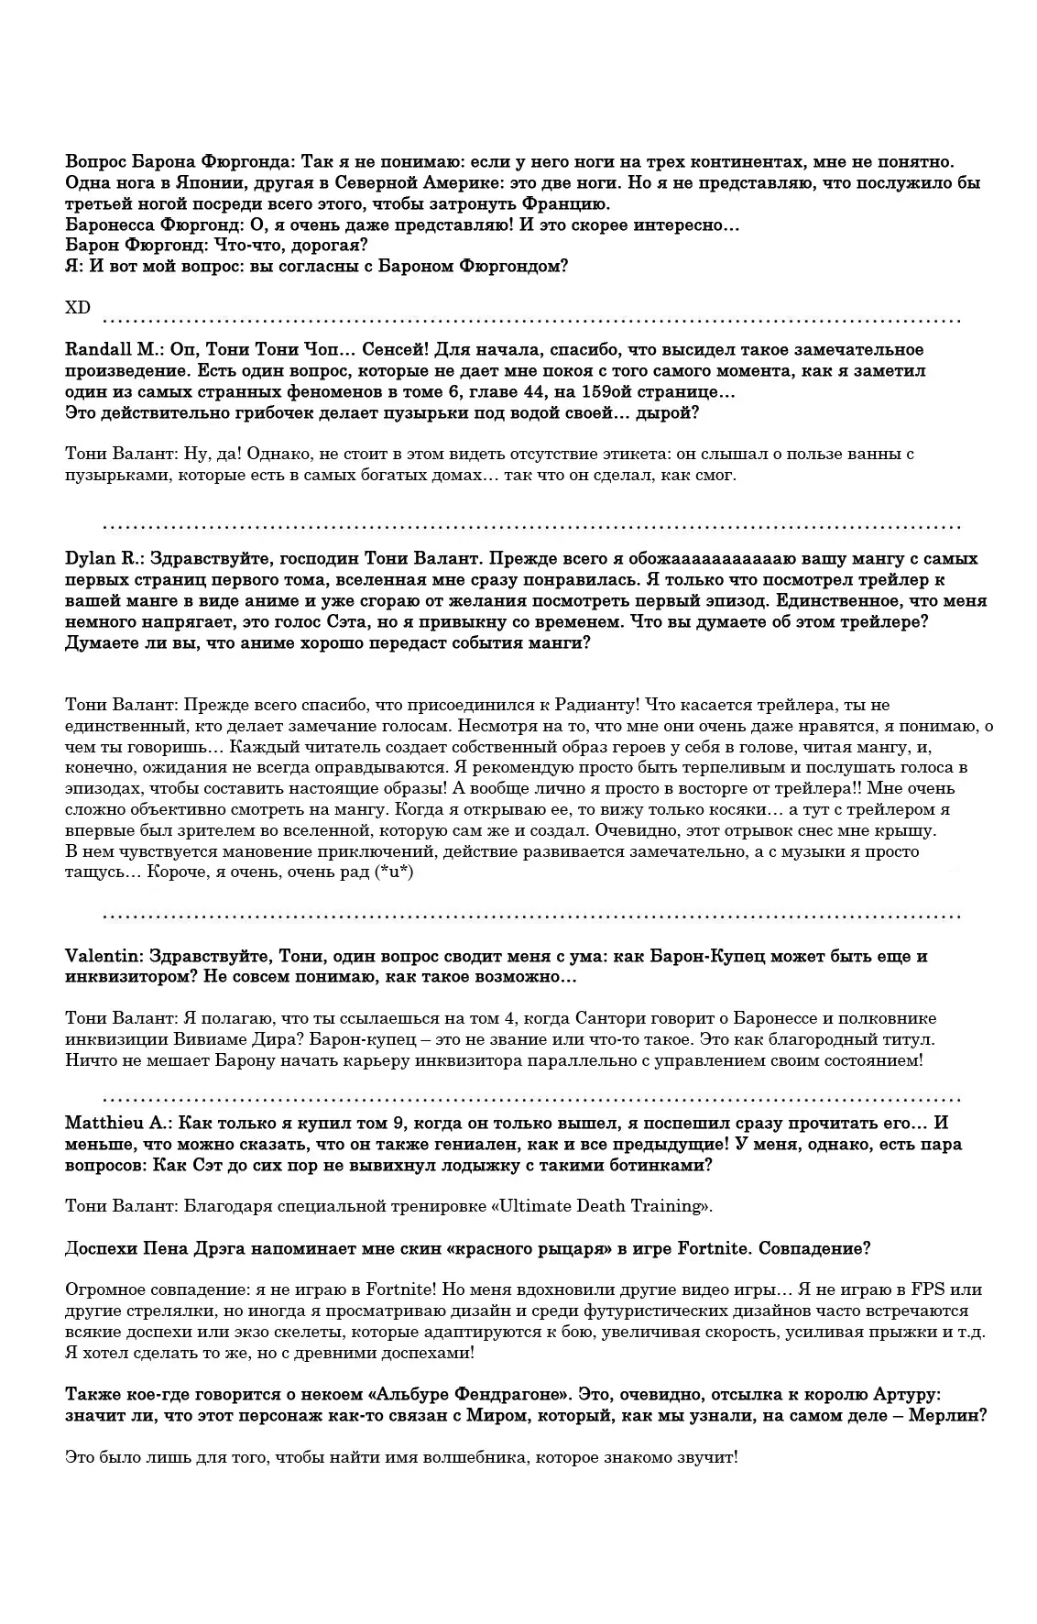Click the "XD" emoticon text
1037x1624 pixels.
(78, 308)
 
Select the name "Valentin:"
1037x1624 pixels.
(102, 957)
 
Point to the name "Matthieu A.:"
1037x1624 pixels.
(116, 1124)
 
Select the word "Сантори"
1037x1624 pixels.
(616, 1019)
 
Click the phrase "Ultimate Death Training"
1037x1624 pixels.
(601, 1206)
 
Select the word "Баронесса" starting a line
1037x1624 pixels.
(111, 225)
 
